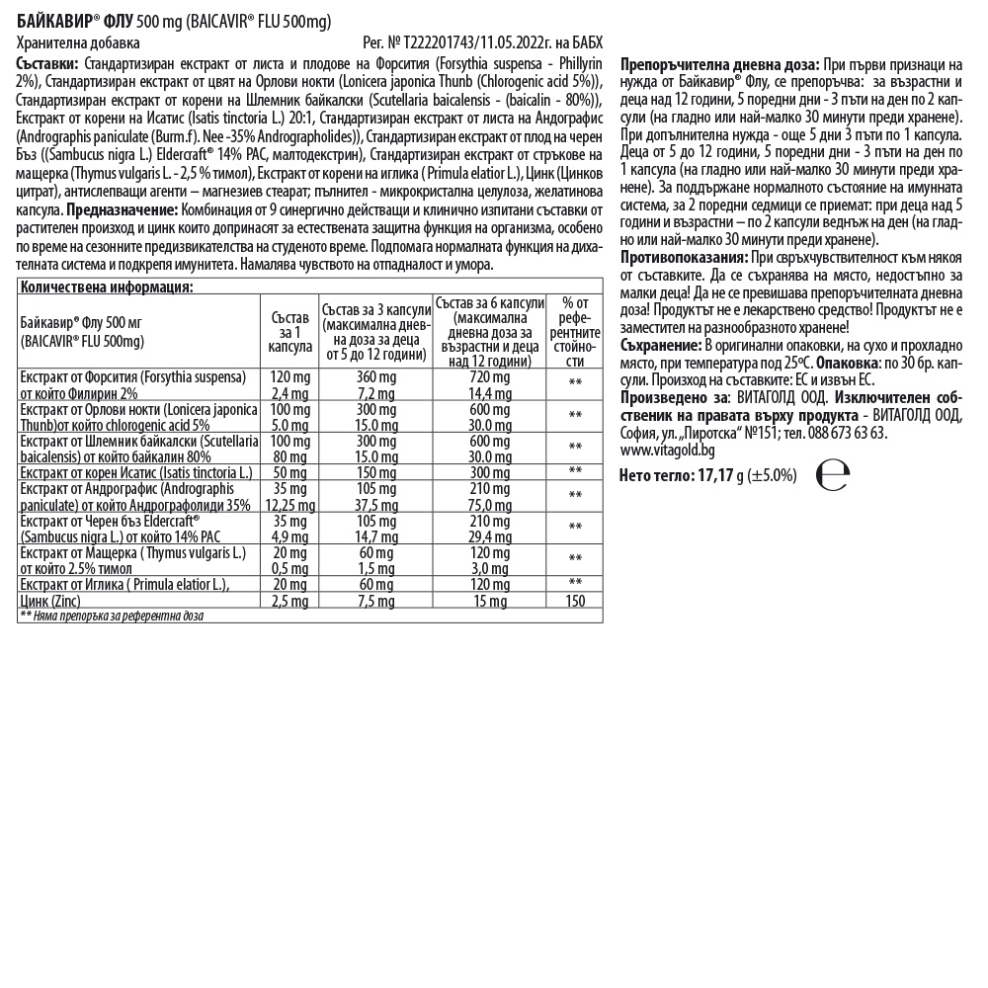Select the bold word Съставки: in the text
(x=47, y=64)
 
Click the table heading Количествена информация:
(x=107, y=287)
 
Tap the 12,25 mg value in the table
(x=289, y=504)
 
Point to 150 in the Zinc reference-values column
(x=574, y=601)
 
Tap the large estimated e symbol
(x=832, y=475)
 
